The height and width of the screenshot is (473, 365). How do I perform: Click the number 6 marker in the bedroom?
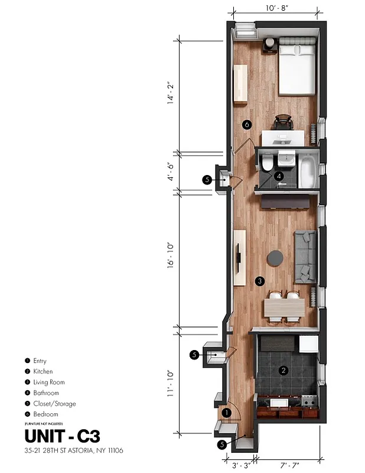(247, 125)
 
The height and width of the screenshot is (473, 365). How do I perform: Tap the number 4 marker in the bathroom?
(278, 176)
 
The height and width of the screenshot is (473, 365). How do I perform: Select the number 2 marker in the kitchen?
(283, 371)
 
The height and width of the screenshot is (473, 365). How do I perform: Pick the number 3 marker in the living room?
(259, 281)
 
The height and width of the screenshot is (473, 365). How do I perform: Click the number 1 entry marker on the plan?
(227, 412)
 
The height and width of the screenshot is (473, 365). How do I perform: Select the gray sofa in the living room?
(306, 255)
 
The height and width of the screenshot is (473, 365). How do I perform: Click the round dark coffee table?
(275, 258)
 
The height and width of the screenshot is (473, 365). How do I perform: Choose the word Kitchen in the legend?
(44, 371)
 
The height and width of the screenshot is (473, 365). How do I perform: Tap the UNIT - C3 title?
(62, 437)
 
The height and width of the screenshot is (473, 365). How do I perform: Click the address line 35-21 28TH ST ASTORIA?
(74, 451)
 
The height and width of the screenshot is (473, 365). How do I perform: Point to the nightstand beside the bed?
(270, 46)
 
